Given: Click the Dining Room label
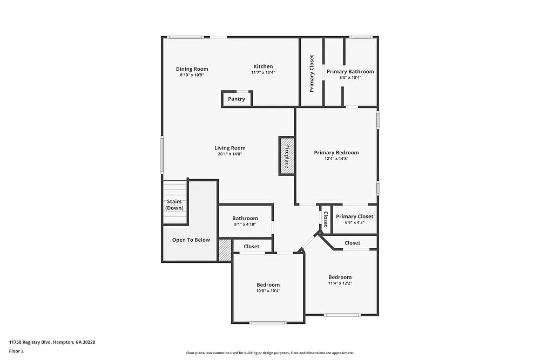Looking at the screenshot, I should click(x=192, y=69).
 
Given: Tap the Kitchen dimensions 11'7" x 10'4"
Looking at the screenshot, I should click(x=263, y=72).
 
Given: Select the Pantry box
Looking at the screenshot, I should click(x=237, y=99).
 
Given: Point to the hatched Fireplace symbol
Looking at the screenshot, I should click(x=287, y=156).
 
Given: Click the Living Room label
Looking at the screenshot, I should click(x=230, y=148).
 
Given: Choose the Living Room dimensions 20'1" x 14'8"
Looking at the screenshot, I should click(x=230, y=154).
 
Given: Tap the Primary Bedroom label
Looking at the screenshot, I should click(x=336, y=153).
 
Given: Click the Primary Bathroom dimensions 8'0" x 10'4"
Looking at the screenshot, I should click(x=350, y=78).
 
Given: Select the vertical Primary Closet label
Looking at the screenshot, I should click(x=312, y=73).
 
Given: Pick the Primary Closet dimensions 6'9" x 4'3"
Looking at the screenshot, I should click(x=354, y=222).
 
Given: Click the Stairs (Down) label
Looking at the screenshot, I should click(x=174, y=205).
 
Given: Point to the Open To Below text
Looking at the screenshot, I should click(x=191, y=240).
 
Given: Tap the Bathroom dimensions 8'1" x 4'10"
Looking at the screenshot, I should click(x=245, y=225).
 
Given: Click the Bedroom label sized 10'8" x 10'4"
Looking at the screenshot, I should click(x=268, y=285).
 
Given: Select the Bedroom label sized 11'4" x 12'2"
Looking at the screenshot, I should click(x=340, y=277).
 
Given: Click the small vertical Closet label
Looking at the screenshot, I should click(x=326, y=219).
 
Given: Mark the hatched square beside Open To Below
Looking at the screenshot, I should click(x=225, y=250).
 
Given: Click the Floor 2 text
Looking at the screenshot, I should click(x=16, y=351).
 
